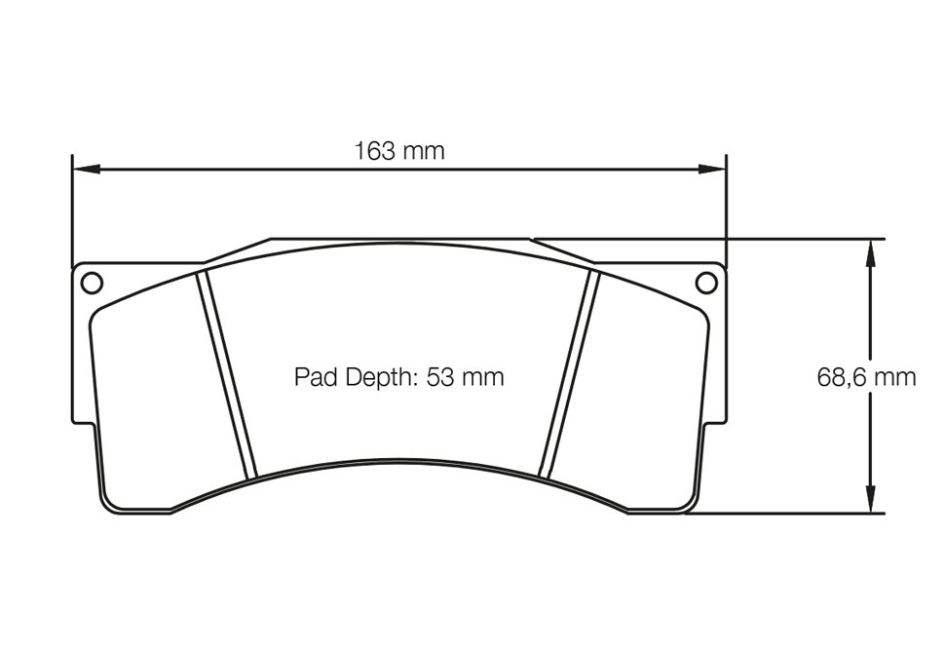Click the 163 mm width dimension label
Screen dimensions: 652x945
(399, 151)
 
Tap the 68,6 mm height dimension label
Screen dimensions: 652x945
(866, 377)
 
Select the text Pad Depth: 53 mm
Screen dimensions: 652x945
(399, 377)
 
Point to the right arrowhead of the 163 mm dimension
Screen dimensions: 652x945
(715, 169)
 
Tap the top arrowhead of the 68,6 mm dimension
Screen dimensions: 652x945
(871, 249)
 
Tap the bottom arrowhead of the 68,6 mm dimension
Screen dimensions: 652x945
(871, 502)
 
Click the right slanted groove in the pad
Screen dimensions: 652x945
(572, 375)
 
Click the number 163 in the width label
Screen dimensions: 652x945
(374, 151)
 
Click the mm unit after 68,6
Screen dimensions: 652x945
(894, 377)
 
